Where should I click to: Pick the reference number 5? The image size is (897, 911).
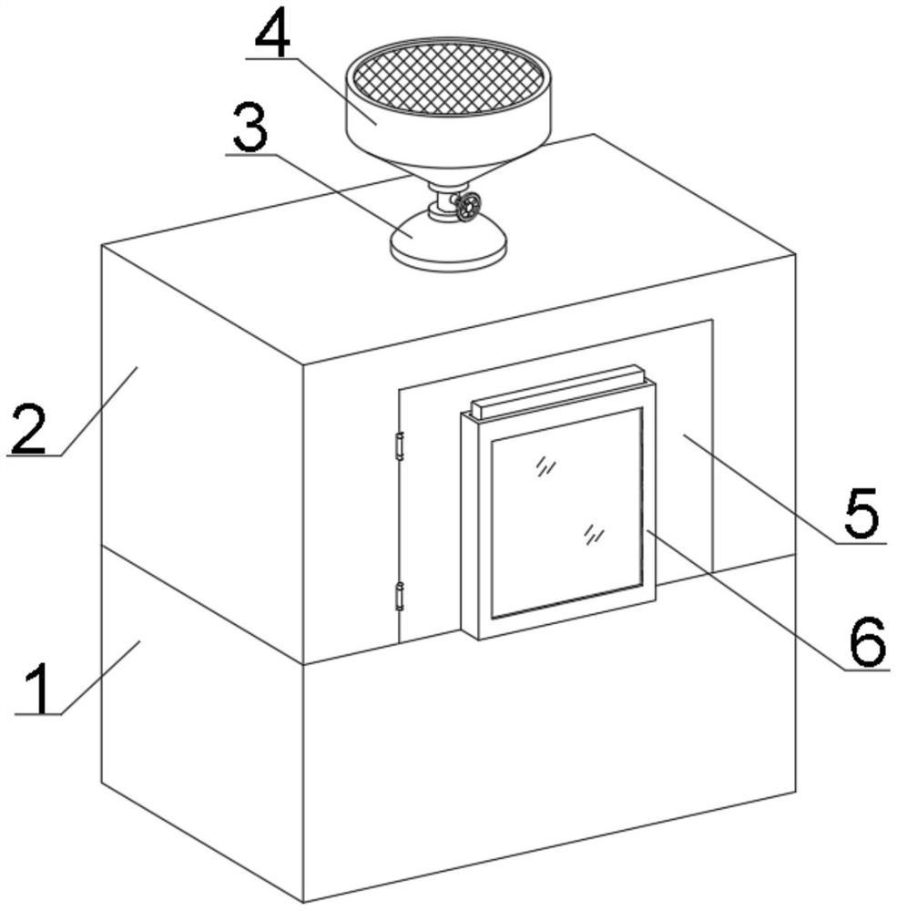coord(860,514)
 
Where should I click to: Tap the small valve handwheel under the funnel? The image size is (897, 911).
coord(468,206)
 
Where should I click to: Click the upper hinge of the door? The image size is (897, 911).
coord(398,445)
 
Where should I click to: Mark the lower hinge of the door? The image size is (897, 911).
coord(398,596)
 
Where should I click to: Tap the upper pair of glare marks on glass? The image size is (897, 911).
coord(545,466)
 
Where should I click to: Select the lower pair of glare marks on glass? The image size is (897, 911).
coord(594,535)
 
